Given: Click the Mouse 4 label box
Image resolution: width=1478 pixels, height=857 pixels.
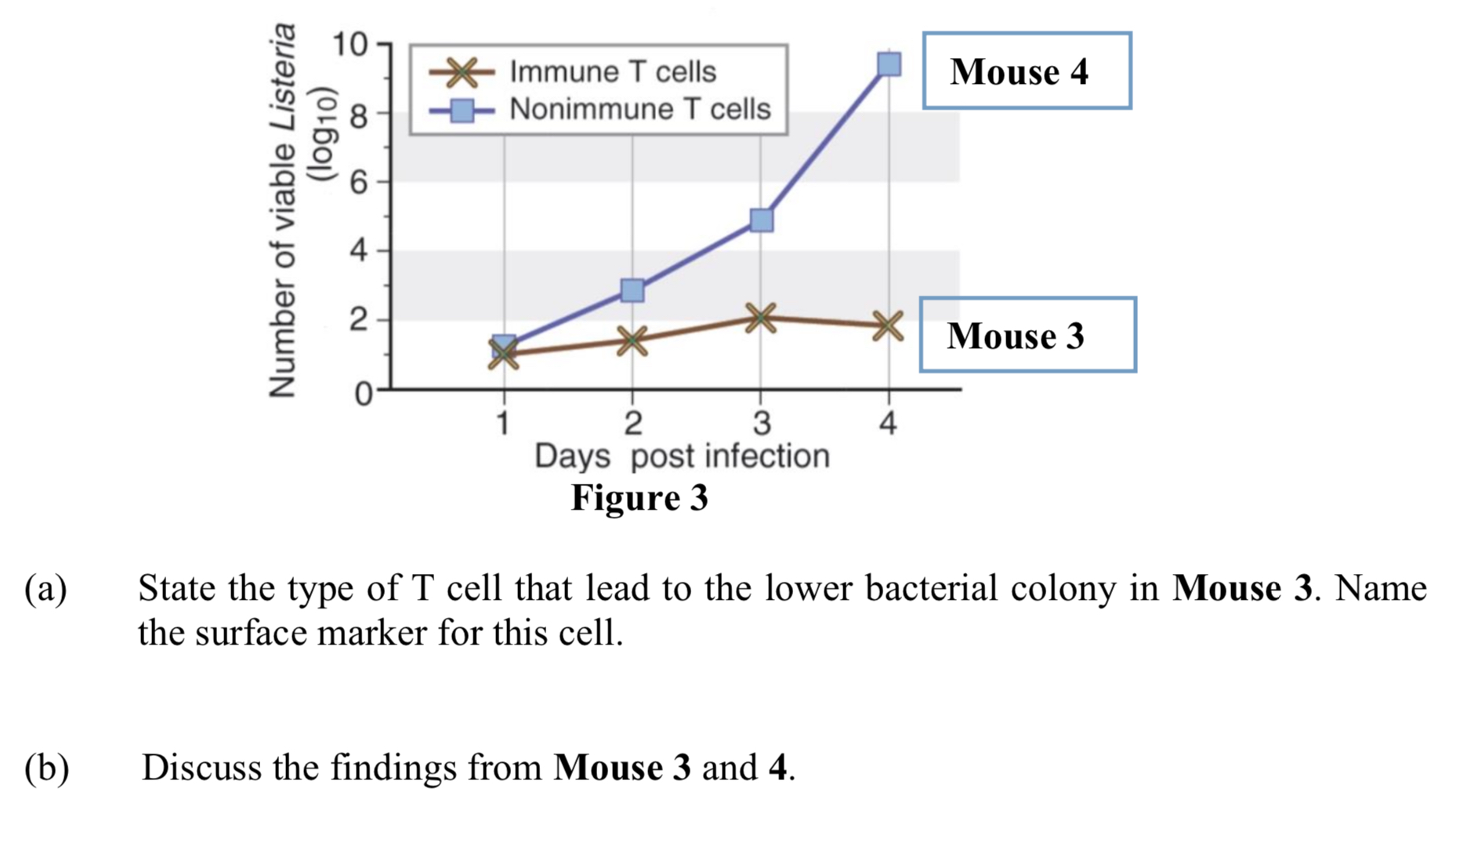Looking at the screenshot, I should tap(1027, 71).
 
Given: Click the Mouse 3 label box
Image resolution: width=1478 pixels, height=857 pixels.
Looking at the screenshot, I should tap(1027, 335).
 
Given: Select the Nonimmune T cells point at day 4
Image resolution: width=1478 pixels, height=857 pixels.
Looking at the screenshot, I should tap(889, 64).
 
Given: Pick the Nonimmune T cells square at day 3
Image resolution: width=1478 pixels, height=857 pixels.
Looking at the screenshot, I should tap(761, 220).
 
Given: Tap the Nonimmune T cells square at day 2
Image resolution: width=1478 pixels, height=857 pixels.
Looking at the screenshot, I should tap(632, 290).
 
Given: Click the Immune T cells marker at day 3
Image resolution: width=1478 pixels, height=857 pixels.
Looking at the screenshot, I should tap(760, 318).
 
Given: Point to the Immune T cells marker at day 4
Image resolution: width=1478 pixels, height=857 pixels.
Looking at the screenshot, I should tap(887, 325).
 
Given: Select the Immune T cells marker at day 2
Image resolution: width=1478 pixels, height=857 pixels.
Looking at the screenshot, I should tap(632, 340).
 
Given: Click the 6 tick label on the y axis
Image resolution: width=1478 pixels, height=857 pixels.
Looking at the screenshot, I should tap(358, 183).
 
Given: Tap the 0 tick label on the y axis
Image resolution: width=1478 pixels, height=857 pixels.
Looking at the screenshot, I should tap(362, 392).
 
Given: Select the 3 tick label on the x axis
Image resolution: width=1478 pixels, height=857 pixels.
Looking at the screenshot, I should tap(760, 423).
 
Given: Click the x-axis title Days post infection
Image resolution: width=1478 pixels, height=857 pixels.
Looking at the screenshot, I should tap(681, 456).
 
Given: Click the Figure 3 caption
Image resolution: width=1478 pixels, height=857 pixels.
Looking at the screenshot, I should tap(639, 497).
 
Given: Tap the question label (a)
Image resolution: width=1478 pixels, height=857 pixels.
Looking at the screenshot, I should tap(45, 588).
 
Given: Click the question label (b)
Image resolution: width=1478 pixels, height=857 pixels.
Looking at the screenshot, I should tap(46, 767).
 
